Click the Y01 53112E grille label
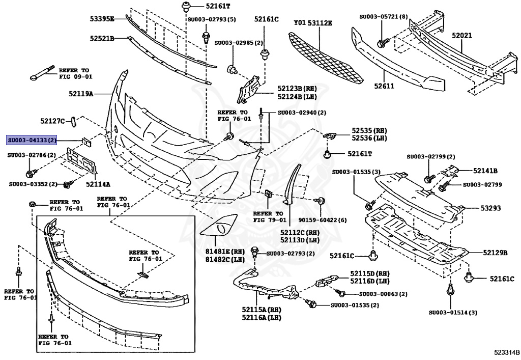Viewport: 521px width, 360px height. point(313,23)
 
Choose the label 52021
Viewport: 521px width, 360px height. point(462,36)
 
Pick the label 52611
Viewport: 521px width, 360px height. point(385,86)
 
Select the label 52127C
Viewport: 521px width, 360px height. point(53,121)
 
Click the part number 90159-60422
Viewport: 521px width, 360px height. point(319,220)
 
